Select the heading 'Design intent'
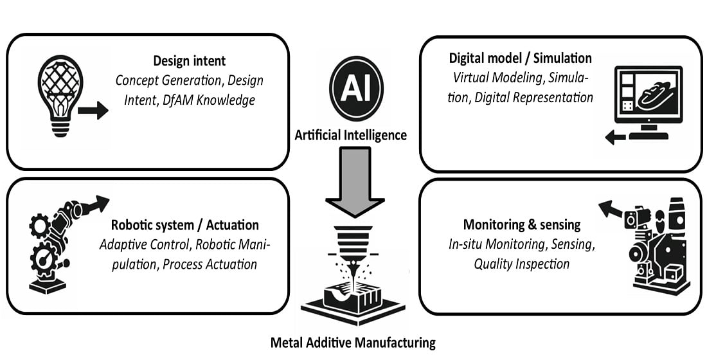[x=189, y=61]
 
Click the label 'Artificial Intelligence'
[x=350, y=135]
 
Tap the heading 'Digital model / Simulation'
[x=521, y=59]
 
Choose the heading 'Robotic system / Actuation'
[x=185, y=225]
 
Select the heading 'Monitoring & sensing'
[x=521, y=225]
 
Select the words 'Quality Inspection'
[x=521, y=264]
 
